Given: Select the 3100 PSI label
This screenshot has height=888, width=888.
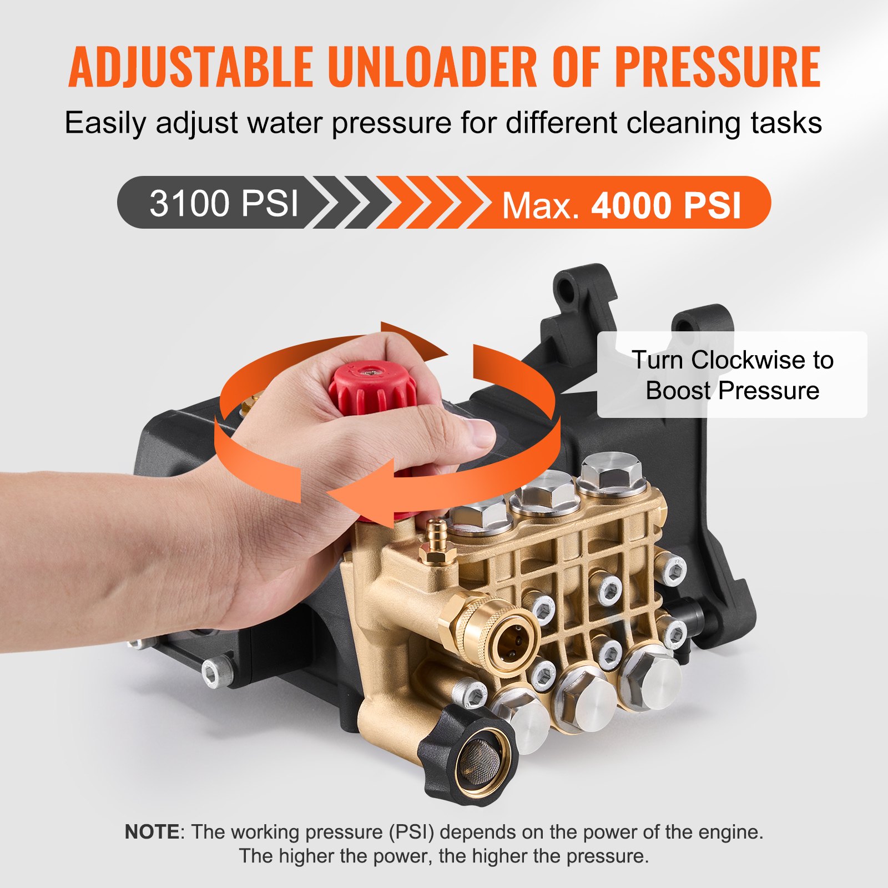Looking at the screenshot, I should (224, 203).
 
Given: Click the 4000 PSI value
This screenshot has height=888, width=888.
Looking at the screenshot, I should (666, 206).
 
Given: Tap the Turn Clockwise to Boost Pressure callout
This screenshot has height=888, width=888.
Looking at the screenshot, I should (732, 375).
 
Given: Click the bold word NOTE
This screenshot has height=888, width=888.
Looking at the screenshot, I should (152, 831).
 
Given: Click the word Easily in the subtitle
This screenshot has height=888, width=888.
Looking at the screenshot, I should (105, 123).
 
